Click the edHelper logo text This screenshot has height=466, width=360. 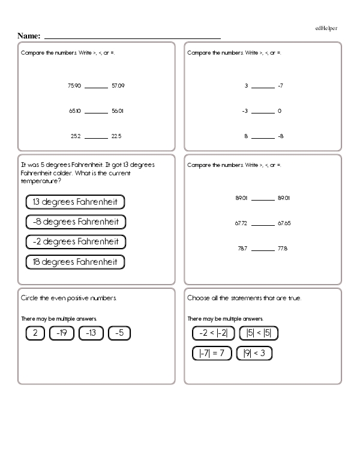click(x=326, y=28)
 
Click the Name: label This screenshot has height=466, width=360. click(x=29, y=36)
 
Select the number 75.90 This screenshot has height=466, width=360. click(x=74, y=86)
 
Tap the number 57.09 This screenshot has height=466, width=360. click(x=118, y=86)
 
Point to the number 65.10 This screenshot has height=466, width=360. click(x=74, y=111)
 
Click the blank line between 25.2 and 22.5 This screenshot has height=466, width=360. click(x=96, y=138)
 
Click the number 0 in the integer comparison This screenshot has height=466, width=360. click(x=280, y=111)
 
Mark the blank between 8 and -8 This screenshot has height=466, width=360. click(x=262, y=138)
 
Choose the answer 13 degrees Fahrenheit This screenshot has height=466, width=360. click(x=76, y=202)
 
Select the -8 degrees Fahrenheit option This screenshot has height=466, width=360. click(x=76, y=222)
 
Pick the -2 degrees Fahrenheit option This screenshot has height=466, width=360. click(x=76, y=241)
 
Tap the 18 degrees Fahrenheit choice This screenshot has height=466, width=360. click(x=76, y=262)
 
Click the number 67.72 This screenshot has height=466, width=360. click(x=241, y=223)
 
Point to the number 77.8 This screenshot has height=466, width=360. click(x=284, y=248)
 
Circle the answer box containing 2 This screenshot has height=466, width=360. click(x=35, y=333)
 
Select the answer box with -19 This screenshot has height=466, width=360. click(x=61, y=333)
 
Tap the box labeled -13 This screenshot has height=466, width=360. click(x=91, y=333)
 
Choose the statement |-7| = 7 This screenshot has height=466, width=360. click(x=212, y=353)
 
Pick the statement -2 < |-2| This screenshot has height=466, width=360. click(x=213, y=333)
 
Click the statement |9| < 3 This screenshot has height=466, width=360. click(x=254, y=353)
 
